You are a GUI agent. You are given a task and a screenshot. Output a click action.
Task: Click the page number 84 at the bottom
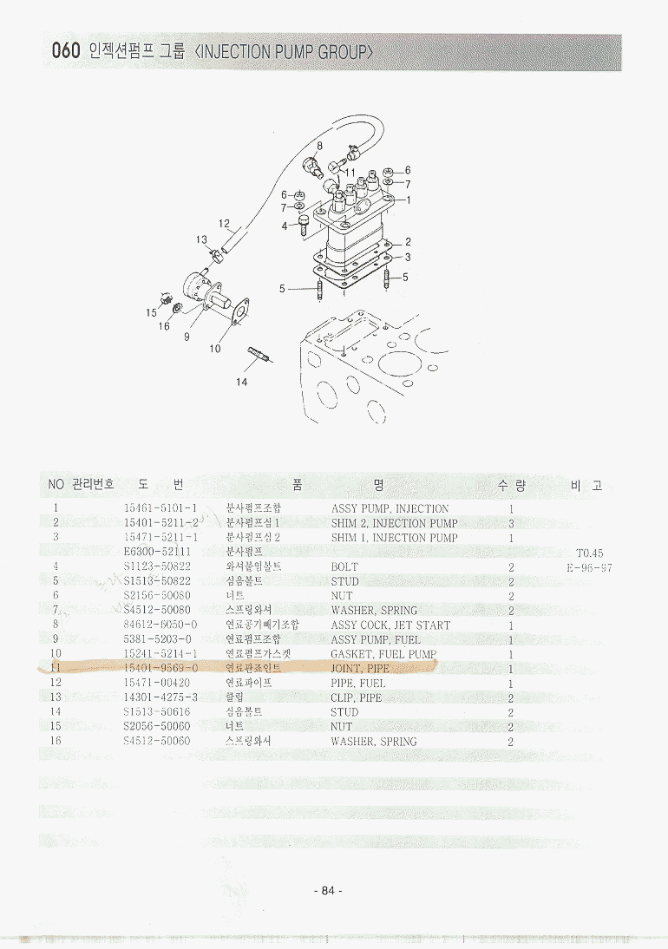point(327,891)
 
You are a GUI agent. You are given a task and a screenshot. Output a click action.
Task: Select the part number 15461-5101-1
point(160,509)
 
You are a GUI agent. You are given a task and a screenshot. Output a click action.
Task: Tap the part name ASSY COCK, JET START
point(390,625)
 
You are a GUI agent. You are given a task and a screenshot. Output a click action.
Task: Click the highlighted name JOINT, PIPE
point(360,669)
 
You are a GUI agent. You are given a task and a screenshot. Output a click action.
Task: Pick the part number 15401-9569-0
point(160,669)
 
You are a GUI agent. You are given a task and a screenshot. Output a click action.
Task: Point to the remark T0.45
point(589,553)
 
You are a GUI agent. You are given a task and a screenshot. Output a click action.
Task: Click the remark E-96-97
point(589,567)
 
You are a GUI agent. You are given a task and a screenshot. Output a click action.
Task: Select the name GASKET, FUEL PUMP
point(383,654)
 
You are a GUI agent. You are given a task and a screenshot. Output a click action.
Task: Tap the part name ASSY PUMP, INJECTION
point(390,509)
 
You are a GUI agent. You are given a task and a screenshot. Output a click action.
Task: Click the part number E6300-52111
point(157,553)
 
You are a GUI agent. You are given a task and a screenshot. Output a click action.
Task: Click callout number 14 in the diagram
point(242,381)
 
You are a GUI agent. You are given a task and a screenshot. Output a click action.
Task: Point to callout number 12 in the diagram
point(224,224)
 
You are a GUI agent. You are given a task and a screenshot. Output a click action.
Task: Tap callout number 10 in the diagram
point(214,349)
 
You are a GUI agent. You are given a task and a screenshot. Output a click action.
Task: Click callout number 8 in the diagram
point(319,145)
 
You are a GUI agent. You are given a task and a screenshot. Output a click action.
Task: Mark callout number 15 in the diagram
point(151,312)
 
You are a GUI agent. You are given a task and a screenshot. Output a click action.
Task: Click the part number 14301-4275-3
point(160,697)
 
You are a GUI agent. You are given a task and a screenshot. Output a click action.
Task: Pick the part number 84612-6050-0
point(160,625)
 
